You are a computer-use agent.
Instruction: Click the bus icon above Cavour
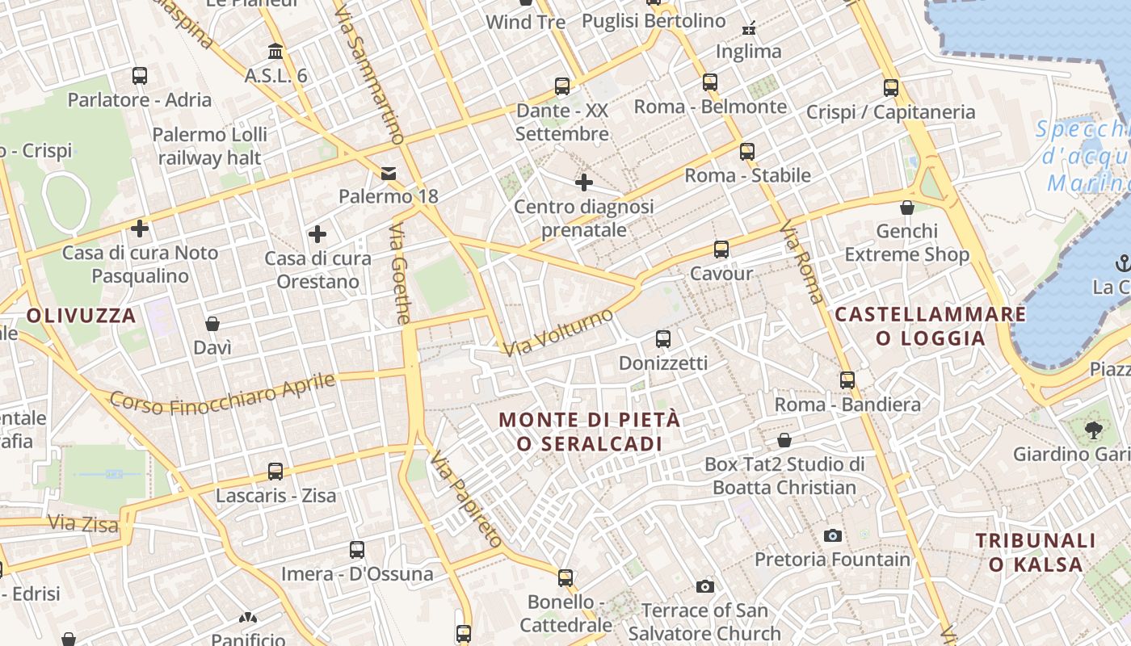721,250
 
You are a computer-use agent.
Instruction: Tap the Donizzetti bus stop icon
663,339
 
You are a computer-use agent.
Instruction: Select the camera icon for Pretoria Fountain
833,535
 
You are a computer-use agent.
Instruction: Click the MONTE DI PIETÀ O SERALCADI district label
590,432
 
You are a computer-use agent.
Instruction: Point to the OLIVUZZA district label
82,316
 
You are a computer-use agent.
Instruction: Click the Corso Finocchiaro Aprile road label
222,392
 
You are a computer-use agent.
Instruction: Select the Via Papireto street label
466,500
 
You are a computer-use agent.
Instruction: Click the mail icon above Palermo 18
389,173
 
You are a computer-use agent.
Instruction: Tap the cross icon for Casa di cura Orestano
317,235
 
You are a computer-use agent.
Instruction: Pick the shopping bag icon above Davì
212,324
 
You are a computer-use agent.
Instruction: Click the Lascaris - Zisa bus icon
275,472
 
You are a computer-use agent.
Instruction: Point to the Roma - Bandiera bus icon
847,380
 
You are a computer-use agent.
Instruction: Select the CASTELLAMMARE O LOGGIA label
931,326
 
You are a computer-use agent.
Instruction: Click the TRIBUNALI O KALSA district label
1036,552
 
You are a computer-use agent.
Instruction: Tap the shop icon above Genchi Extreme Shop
907,208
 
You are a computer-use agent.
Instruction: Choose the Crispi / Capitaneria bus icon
891,88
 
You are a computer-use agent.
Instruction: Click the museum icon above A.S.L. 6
275,52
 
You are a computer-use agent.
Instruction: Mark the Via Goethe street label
400,275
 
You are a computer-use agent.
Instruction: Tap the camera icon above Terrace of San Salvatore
705,586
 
